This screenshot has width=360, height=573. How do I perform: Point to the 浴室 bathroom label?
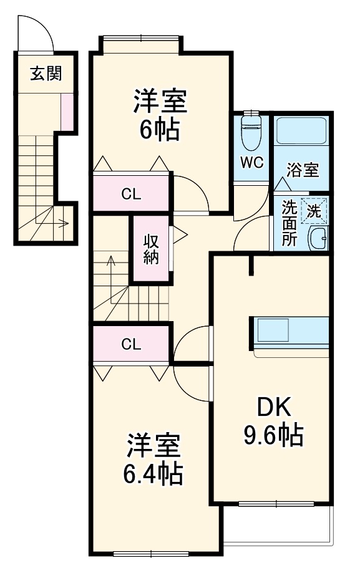coord(303,169)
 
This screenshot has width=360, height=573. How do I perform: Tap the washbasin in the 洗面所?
coord(319,238)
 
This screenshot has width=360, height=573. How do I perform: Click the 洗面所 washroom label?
coord(289,223)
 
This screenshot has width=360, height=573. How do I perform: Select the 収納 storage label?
coord(151,249)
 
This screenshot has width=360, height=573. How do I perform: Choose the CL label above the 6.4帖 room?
coord(131,344)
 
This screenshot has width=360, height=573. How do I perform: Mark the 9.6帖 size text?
coord(273,435)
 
